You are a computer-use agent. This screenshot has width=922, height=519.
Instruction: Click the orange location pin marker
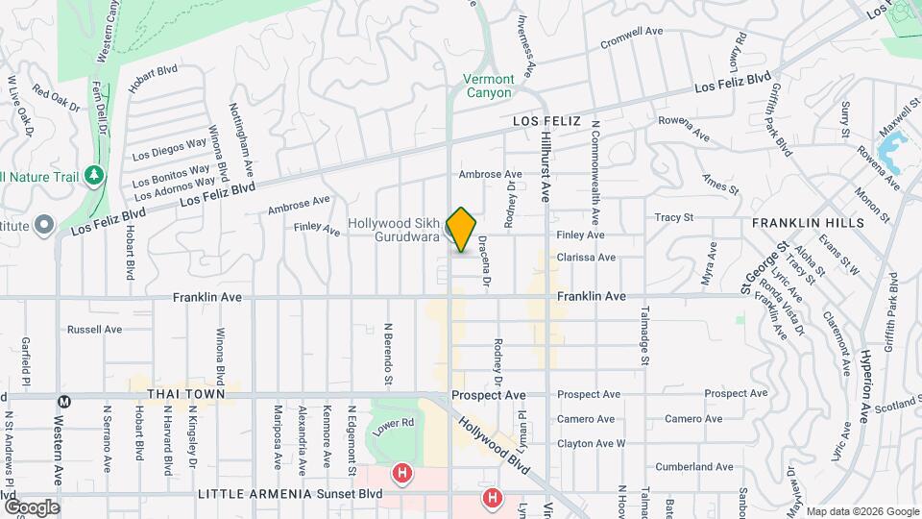pos(461,229)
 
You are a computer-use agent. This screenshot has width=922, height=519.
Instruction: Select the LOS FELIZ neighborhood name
pos(546,121)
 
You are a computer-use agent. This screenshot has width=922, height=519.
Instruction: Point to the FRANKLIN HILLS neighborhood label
pos(808,222)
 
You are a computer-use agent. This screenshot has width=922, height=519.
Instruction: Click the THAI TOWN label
pos(186,394)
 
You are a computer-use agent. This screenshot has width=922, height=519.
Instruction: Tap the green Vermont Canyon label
pos(489,86)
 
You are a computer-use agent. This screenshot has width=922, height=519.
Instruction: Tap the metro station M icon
pos(64,401)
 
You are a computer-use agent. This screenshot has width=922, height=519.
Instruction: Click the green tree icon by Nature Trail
pos(94,175)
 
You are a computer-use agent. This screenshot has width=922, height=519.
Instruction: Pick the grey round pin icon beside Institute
pos(43,226)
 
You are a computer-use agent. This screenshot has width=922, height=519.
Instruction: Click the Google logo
pos(32,507)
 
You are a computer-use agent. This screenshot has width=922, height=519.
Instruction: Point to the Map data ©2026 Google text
pos(861,511)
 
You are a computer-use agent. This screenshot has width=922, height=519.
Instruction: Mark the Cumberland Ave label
pos(693,467)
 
